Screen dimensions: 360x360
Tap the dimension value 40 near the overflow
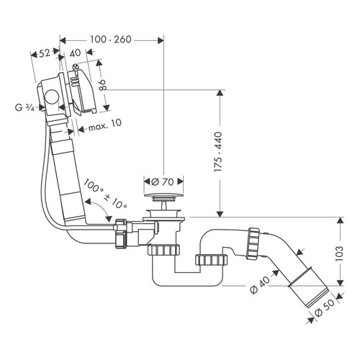pos(76,53)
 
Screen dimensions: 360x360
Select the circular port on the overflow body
pos(53,97)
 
